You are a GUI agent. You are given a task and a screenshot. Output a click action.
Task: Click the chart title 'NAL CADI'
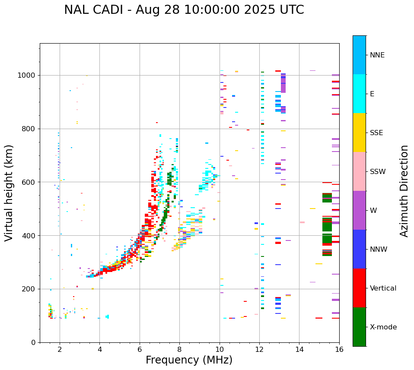(184, 10)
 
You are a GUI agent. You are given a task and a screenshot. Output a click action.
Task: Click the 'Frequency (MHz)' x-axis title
(189, 360)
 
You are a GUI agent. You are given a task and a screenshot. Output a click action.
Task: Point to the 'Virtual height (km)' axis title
(10, 193)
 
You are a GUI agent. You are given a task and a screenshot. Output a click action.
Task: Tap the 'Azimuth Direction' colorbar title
(404, 191)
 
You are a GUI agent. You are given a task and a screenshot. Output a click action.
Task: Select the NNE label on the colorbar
(377, 55)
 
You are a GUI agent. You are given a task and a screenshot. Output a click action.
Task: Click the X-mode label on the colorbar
(383, 327)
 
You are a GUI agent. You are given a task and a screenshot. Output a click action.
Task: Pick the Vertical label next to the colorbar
(383, 288)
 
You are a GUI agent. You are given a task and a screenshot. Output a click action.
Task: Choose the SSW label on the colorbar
(378, 172)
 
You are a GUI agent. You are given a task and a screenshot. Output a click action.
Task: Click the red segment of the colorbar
(359, 288)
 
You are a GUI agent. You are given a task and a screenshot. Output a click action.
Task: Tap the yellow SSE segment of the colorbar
(359, 133)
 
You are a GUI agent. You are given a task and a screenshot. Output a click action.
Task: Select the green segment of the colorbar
(359, 327)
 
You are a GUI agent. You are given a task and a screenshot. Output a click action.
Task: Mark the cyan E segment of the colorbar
(359, 94)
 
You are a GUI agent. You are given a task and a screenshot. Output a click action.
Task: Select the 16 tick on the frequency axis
(339, 349)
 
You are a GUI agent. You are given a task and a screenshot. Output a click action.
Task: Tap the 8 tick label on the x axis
(179, 349)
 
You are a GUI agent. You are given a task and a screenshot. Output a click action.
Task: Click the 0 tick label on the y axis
(34, 342)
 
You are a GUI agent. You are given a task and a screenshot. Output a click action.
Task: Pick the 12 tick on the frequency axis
(259, 349)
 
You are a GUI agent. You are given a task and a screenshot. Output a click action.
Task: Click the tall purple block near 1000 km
(283, 83)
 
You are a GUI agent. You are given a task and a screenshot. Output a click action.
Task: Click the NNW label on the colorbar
(379, 250)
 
